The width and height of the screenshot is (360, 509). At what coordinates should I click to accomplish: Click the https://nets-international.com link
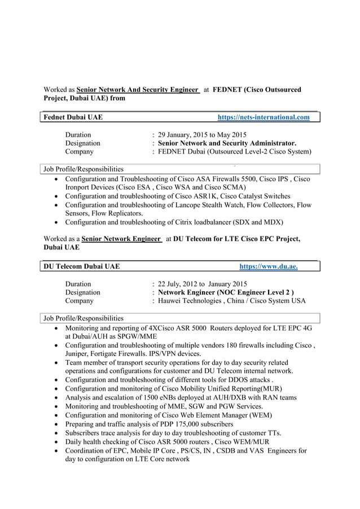264,117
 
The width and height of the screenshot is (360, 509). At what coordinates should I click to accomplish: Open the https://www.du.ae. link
269,266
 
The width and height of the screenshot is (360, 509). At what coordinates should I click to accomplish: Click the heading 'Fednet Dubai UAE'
73,117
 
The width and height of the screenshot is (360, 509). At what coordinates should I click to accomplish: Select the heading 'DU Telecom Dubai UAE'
82,266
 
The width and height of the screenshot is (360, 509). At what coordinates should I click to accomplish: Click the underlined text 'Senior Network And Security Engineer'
137,90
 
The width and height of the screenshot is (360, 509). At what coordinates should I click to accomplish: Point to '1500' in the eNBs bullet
153,397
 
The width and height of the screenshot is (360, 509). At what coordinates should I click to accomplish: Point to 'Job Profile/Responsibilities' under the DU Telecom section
84,318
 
